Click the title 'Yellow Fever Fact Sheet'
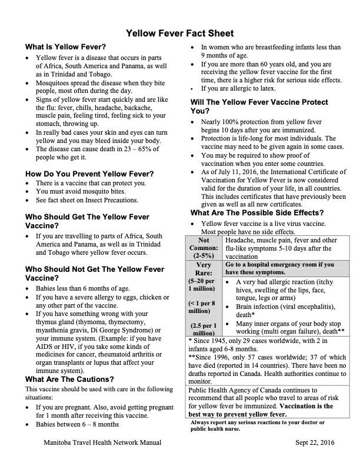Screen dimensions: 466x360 tap(180, 33)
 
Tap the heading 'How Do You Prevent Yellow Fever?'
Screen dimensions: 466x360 tap(90, 174)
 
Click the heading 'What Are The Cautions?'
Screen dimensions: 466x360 tap(70, 379)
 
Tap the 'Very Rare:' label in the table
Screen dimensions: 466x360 tap(203, 269)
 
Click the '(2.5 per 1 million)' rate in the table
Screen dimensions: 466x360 tap(203, 329)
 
